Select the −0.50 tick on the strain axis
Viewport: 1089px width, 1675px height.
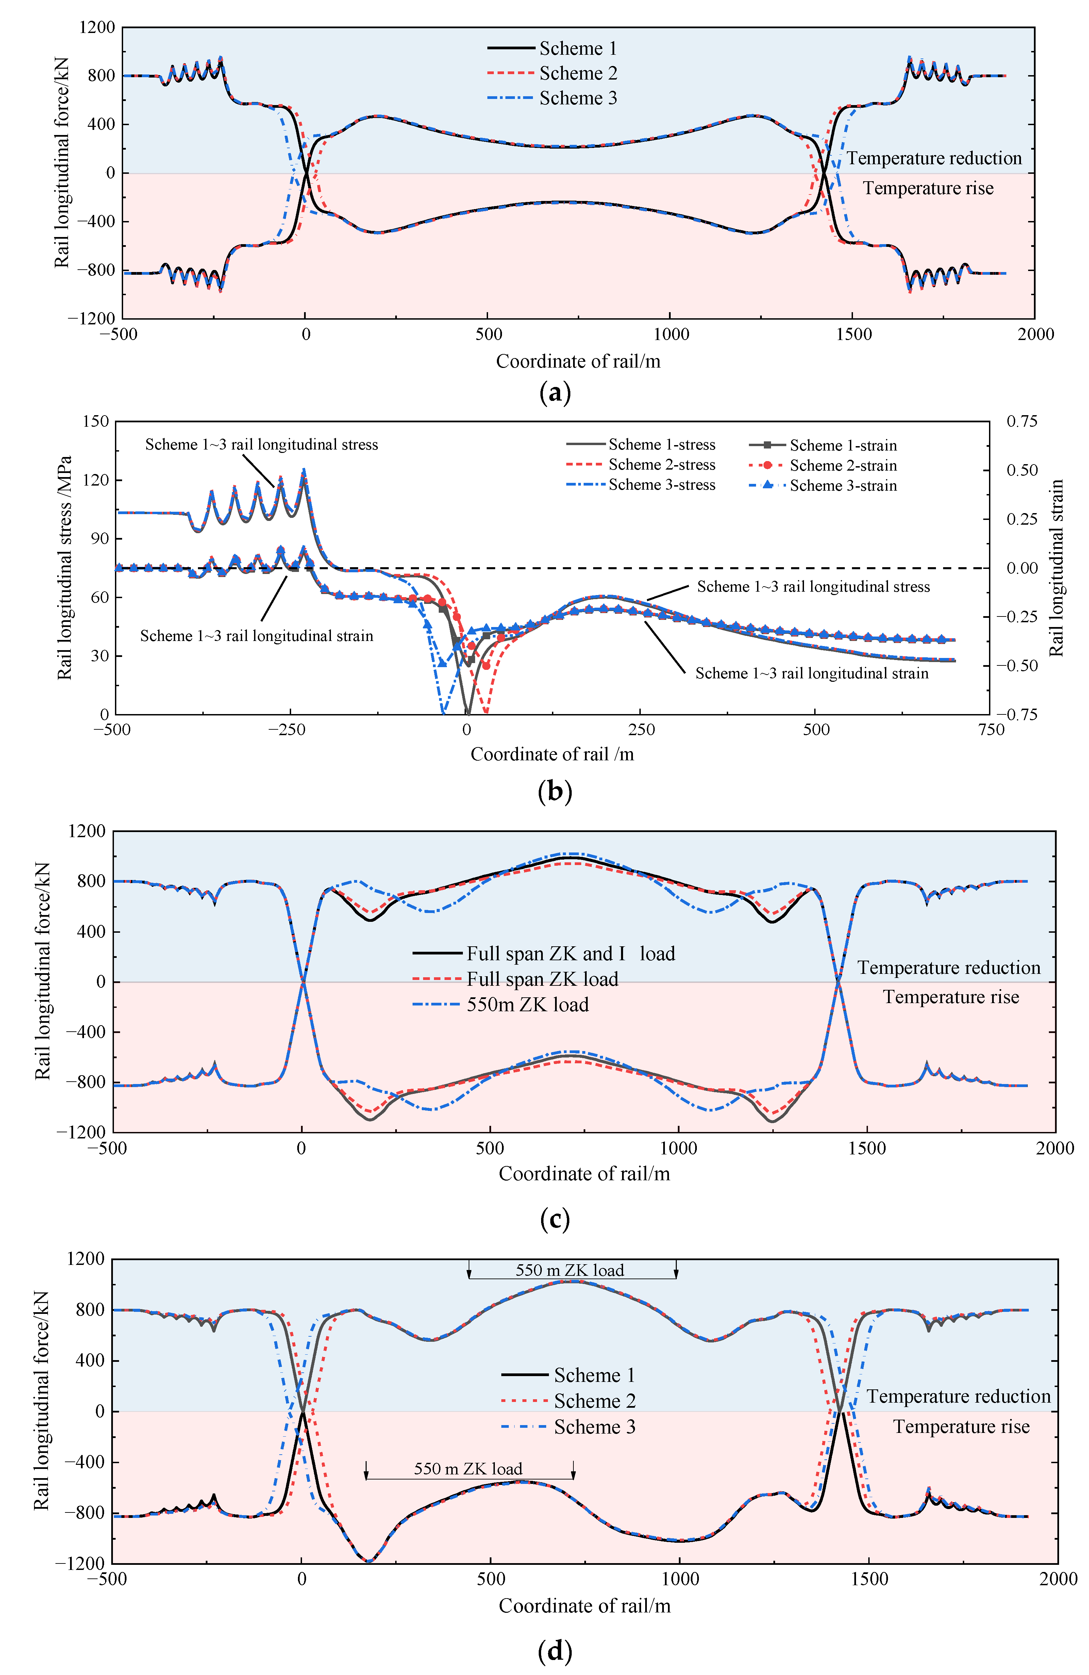(1022, 665)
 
